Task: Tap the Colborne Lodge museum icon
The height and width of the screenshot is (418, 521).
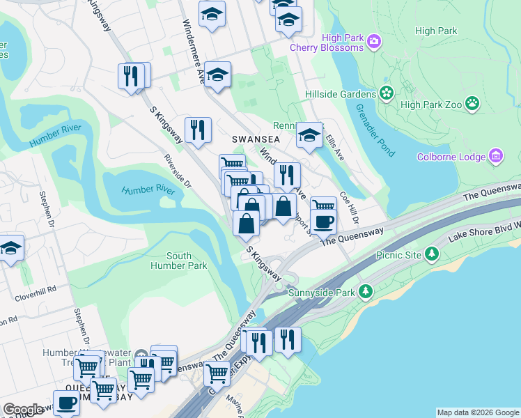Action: (496, 155)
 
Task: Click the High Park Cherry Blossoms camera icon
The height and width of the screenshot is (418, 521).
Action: (374, 41)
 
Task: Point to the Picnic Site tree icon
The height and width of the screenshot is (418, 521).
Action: (433, 254)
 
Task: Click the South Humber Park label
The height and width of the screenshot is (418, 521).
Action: (178, 261)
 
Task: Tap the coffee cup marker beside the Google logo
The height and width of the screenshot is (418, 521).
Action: (67, 402)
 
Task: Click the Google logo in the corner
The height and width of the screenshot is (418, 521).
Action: (23, 410)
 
